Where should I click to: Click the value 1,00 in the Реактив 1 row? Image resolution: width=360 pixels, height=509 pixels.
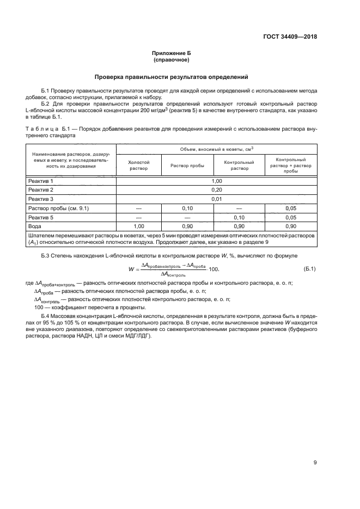(217, 180)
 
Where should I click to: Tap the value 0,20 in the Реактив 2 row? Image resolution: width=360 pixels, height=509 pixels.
(217, 189)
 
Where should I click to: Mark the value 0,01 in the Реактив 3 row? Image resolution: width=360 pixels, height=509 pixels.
(217, 199)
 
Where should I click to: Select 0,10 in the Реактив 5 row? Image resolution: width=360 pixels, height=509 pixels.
(240, 218)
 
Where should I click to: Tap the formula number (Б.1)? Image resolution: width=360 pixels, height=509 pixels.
(309, 268)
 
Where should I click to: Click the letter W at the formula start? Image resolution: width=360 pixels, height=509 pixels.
(131, 269)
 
